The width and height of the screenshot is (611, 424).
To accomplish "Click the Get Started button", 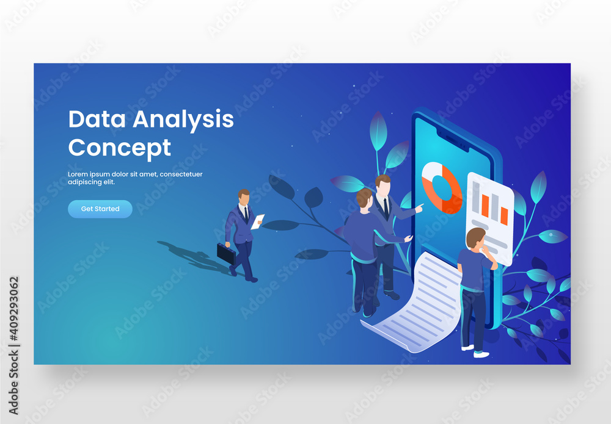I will pos(100,209).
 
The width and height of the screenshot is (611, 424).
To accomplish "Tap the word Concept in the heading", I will pos(119,148).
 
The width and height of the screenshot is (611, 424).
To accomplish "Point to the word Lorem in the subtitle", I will pos(79,174).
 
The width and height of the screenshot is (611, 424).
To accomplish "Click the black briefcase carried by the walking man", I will pos(226,254).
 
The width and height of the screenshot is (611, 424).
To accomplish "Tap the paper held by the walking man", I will pos(258,221).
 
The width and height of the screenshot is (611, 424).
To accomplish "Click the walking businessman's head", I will pos(244,198).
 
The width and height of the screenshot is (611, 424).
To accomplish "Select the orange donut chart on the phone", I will pos(442,187).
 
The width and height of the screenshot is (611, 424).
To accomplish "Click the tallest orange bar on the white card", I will pos(485,205).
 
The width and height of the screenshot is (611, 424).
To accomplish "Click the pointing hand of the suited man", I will pos(419,209).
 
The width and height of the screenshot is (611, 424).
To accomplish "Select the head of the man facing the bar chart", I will pos(475,237).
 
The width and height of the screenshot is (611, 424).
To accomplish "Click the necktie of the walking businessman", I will pos(246,213).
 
